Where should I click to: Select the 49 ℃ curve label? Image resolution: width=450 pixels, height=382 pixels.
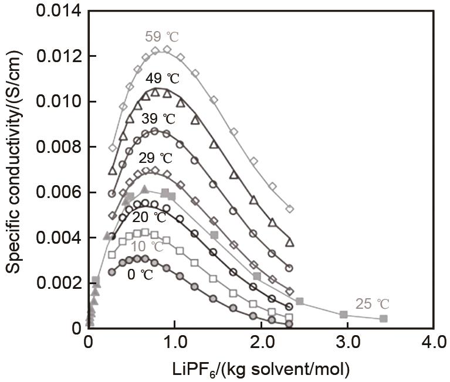click(x=163, y=79)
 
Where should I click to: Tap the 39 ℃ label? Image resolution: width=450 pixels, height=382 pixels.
click(x=158, y=118)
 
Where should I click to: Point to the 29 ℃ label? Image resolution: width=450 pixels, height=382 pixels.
click(x=155, y=158)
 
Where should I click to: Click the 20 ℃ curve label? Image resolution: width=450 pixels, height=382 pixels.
click(x=149, y=218)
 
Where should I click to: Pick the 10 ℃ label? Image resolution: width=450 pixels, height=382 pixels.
click(x=147, y=246)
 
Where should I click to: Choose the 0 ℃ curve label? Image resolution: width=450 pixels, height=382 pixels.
click(x=140, y=274)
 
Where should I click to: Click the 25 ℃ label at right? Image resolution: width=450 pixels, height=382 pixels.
click(x=372, y=304)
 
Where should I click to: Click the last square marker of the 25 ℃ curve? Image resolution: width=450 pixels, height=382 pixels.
click(x=384, y=318)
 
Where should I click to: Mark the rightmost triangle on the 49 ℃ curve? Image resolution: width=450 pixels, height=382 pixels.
click(x=289, y=242)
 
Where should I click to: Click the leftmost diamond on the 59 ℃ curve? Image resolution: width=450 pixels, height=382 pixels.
click(x=113, y=148)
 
